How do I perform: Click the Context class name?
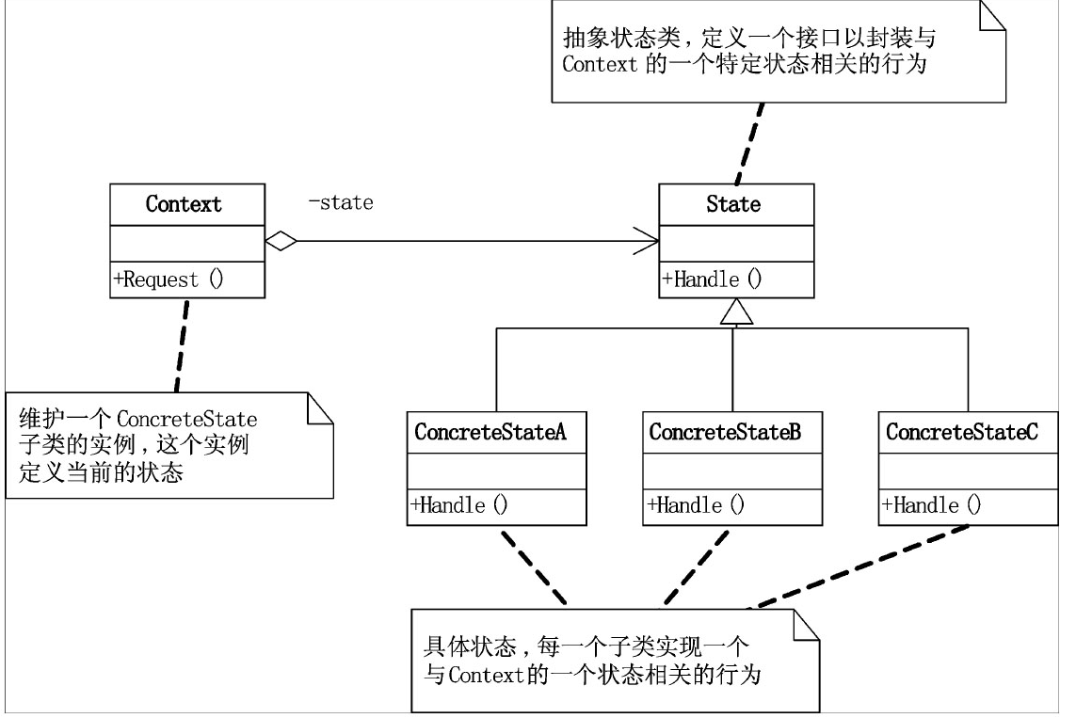point(184,203)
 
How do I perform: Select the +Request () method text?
point(169,279)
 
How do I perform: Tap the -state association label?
point(341,202)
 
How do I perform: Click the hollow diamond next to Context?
point(281,242)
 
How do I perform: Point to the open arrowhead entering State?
point(648,242)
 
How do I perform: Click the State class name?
point(733,203)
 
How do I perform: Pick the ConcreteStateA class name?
point(490,433)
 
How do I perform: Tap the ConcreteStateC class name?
point(962,433)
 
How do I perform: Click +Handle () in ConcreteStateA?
point(459,505)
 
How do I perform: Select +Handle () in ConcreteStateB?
point(696,505)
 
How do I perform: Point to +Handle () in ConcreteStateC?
point(932,505)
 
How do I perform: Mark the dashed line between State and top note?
point(750,141)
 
